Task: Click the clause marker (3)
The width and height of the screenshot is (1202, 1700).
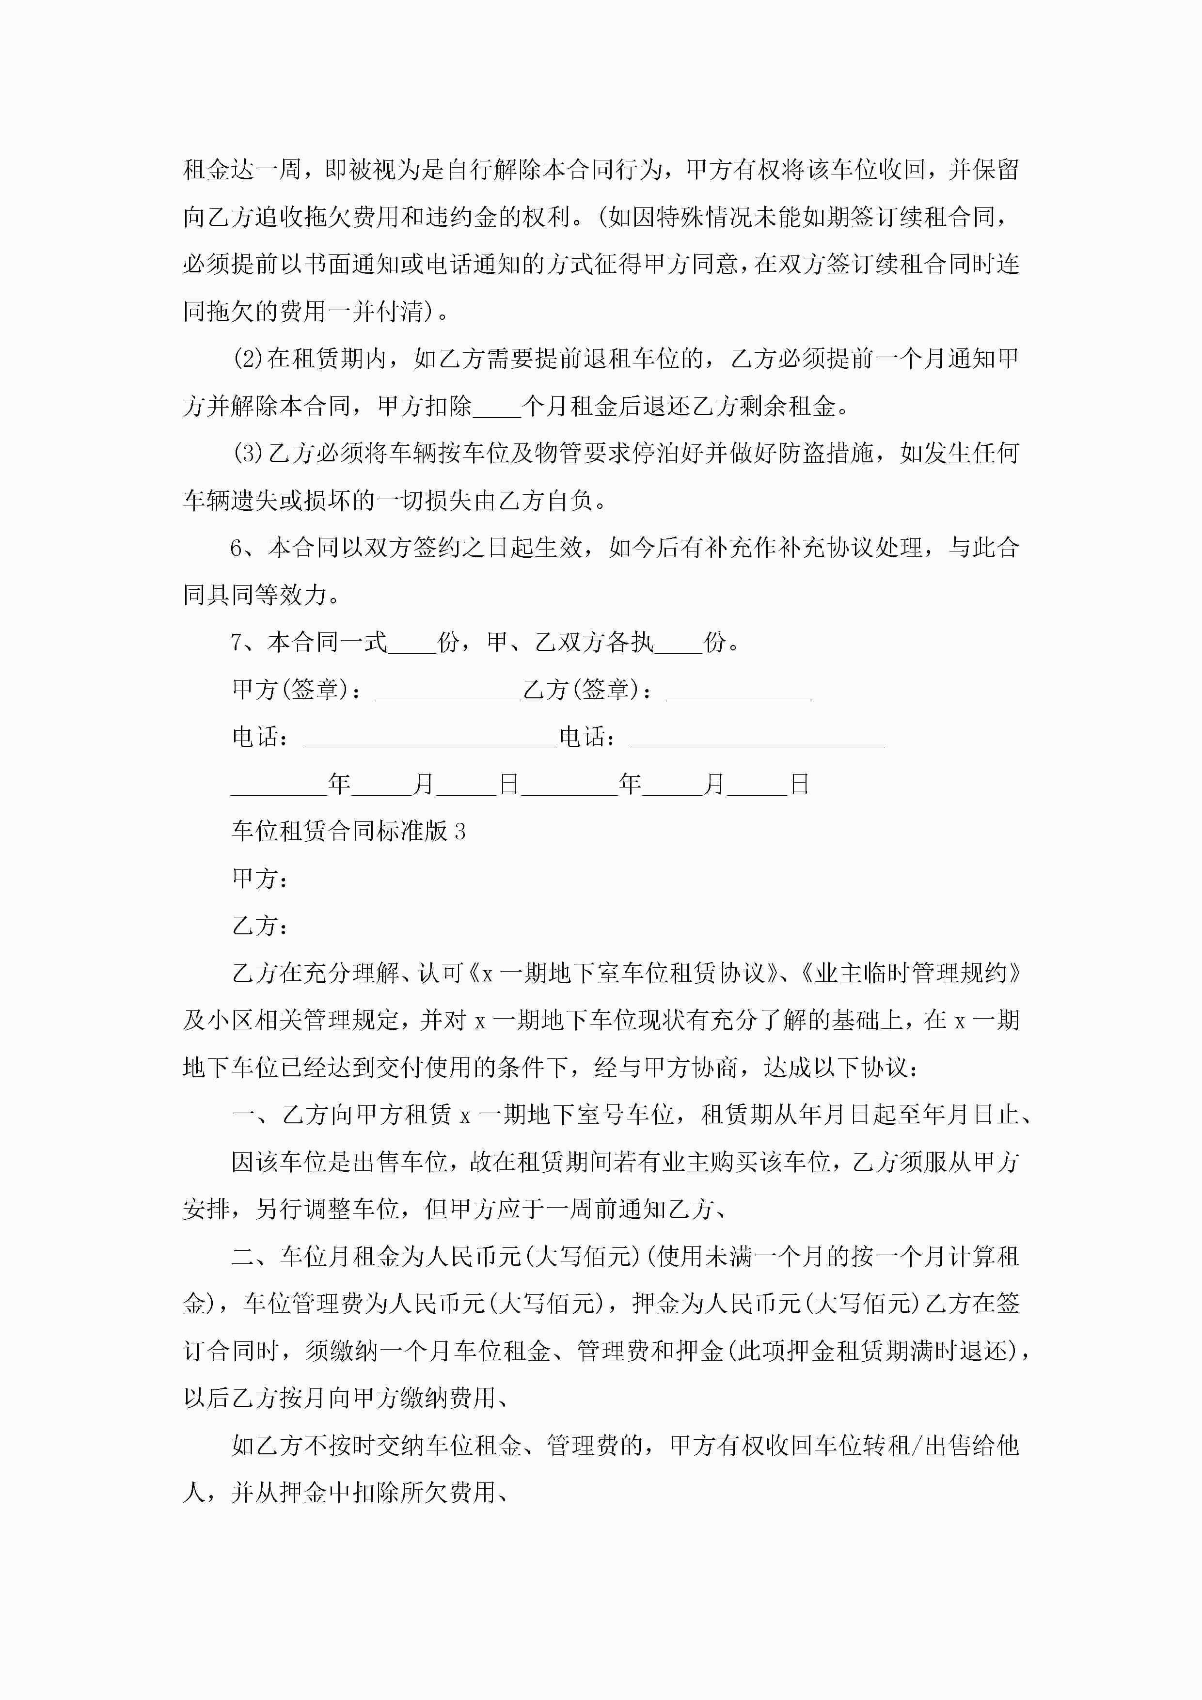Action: tap(249, 453)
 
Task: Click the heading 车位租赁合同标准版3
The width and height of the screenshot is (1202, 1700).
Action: tap(348, 832)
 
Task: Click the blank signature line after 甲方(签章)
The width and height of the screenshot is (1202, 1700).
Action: tap(448, 696)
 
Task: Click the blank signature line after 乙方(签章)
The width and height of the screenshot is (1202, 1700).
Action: tap(739, 696)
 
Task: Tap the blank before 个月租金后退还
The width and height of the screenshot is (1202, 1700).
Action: tap(496, 411)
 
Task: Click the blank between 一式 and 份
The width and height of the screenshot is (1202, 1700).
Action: tap(412, 648)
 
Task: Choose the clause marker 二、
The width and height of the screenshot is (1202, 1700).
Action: tap(255, 1257)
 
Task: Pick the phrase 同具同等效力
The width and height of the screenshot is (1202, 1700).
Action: tap(255, 595)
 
